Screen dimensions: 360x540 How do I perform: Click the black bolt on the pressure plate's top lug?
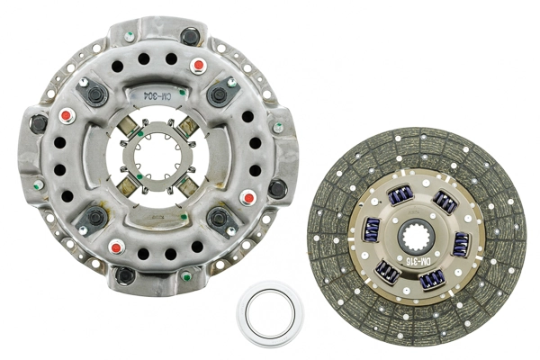point(190,36)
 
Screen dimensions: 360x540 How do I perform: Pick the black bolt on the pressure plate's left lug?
point(39,123)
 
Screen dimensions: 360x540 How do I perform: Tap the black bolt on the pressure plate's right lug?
point(278,188)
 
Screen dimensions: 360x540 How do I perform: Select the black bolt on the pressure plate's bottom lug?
point(125,274)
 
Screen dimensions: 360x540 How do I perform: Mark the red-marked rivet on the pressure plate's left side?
point(65,116)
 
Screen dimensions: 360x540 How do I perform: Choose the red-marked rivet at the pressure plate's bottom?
point(114,247)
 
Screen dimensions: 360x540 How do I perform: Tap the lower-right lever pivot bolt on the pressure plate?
point(219,217)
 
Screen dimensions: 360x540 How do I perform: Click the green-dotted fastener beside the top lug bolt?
point(131,36)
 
